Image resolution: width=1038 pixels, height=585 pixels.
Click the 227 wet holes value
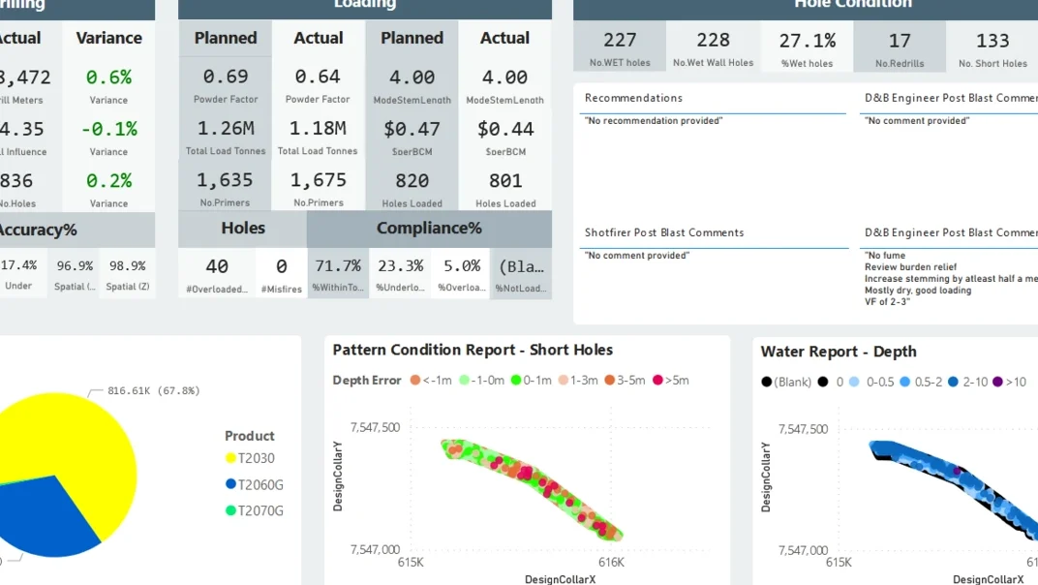click(620, 41)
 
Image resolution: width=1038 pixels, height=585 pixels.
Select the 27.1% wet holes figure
click(807, 41)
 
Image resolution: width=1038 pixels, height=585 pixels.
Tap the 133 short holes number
click(992, 41)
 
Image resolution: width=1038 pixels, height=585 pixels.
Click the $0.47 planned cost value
click(412, 129)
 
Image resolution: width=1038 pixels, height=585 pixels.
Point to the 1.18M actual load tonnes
click(318, 129)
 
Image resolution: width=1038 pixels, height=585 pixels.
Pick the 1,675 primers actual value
click(318, 180)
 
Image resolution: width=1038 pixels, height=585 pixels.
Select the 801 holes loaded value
click(505, 180)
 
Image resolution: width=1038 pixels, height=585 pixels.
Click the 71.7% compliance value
click(337, 265)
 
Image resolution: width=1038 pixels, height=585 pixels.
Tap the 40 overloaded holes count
click(217, 265)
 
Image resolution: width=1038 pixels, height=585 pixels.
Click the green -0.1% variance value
click(108, 129)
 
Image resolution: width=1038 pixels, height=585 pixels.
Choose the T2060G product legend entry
click(254, 484)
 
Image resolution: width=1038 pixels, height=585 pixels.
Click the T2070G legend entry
click(254, 510)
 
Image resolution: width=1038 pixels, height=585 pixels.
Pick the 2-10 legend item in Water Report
click(968, 382)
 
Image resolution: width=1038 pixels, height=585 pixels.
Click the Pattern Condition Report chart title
click(473, 351)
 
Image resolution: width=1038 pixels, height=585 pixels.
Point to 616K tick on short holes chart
click(611, 562)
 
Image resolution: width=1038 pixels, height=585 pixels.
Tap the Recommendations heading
click(633, 98)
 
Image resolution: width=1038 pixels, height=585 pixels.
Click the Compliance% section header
click(429, 229)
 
